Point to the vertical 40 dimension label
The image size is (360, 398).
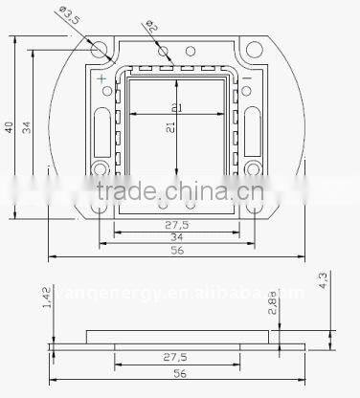coord(9,127)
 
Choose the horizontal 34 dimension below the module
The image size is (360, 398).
coord(176,237)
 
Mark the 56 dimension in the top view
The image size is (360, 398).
coord(176,252)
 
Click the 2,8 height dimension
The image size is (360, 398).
coord(275,308)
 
